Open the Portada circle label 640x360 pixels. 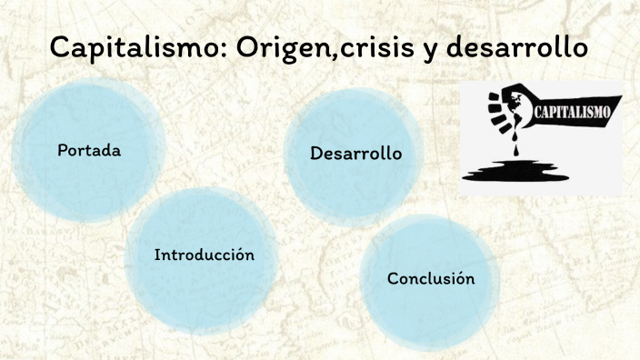point(88,150)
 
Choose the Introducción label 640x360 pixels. point(204,255)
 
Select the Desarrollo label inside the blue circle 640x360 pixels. point(355,154)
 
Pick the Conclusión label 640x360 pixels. point(431,278)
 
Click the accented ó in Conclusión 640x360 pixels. point(459,277)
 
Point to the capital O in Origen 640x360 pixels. point(248,48)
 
